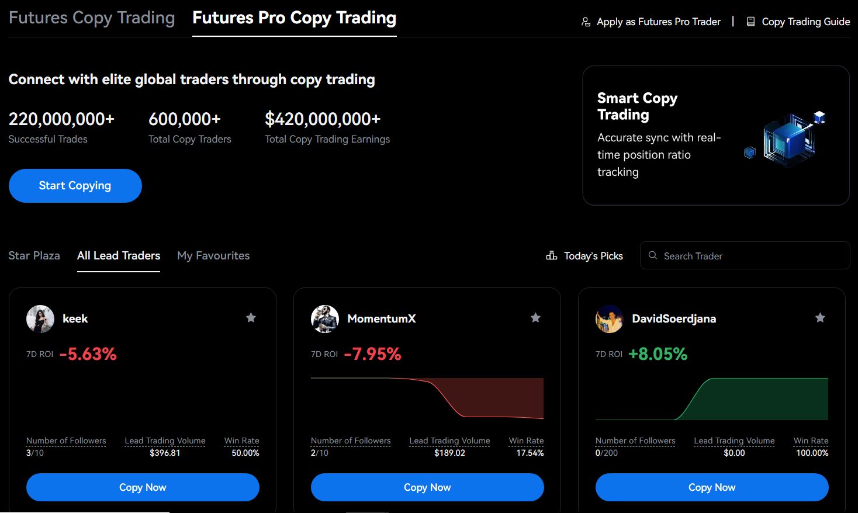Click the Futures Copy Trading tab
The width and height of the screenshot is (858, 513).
pyautogui.click(x=92, y=18)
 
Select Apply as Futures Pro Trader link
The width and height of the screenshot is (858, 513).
pyautogui.click(x=652, y=22)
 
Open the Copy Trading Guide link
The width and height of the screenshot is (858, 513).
pyautogui.click(x=798, y=22)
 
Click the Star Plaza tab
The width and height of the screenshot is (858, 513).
pyautogui.click(x=34, y=255)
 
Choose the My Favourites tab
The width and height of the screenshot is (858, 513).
pyautogui.click(x=213, y=255)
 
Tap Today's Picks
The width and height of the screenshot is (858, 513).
pyautogui.click(x=585, y=256)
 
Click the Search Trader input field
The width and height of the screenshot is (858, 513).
pyautogui.click(x=745, y=256)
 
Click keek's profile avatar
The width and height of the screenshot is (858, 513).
pyautogui.click(x=40, y=319)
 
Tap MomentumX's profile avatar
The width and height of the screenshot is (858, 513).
pyautogui.click(x=325, y=319)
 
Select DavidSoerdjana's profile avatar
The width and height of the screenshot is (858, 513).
pyautogui.click(x=610, y=319)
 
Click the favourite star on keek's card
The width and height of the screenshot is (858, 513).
pyautogui.click(x=251, y=318)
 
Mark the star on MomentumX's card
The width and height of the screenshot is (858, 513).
pyautogui.click(x=535, y=318)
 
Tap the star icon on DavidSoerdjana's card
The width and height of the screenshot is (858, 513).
pyautogui.click(x=820, y=318)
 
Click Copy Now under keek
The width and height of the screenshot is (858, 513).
pyautogui.click(x=143, y=487)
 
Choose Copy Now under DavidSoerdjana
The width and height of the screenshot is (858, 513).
pyautogui.click(x=712, y=487)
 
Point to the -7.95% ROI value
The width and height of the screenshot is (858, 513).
pyautogui.click(x=372, y=354)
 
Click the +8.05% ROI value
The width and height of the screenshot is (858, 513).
pyautogui.click(x=658, y=354)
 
